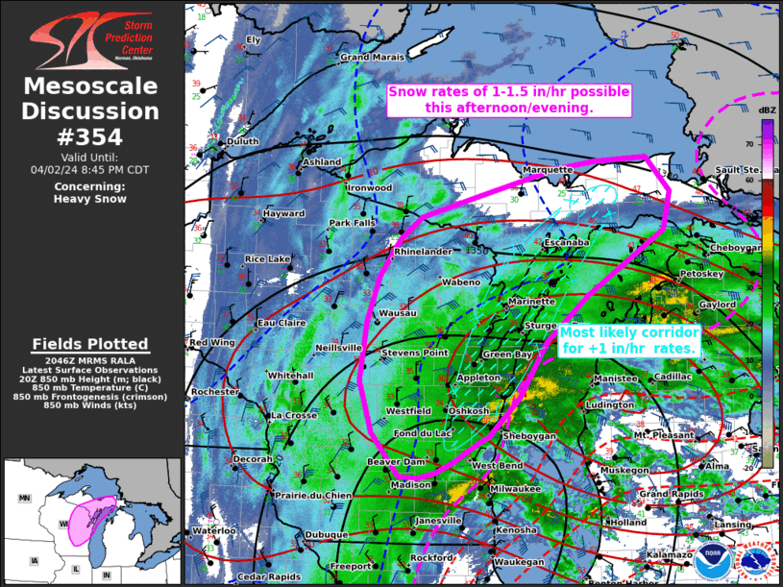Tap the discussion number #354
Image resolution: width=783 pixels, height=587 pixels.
click(90, 135)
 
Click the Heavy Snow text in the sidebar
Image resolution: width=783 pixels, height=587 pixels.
click(90, 199)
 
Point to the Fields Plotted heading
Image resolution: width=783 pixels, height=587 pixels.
click(90, 344)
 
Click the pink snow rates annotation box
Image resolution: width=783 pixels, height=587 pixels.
click(508, 100)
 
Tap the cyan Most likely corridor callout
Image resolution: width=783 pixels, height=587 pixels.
click(629, 338)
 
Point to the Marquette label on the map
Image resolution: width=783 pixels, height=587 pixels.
click(548, 169)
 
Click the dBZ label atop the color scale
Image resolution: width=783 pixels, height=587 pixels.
click(768, 111)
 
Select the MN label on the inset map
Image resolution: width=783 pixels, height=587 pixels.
click(26, 499)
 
